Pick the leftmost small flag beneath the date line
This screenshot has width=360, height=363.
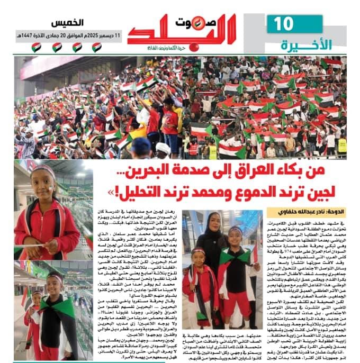pos(37,48)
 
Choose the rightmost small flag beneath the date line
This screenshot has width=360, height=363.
pos(97,48)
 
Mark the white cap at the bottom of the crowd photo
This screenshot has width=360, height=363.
pos(164,149)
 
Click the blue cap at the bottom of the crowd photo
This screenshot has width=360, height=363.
pos(140,146)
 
